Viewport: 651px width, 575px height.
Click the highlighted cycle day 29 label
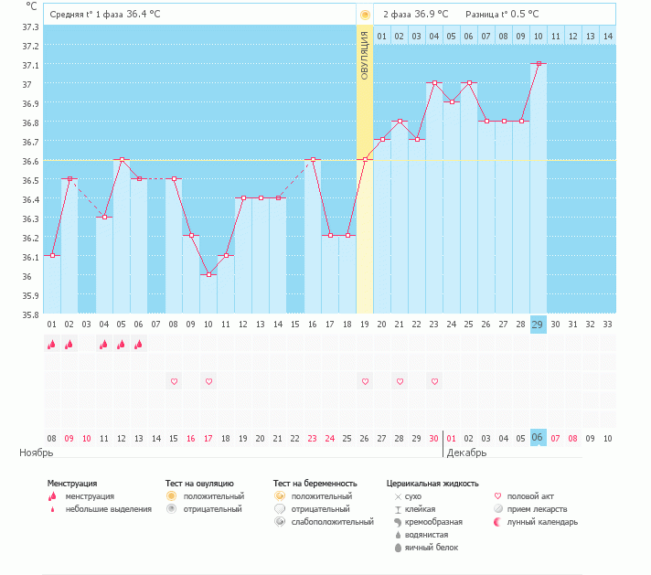tap(538, 325)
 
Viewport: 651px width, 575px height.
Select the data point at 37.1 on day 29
tap(539, 64)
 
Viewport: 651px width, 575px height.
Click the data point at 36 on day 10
tap(208, 274)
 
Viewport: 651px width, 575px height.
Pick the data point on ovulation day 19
tap(365, 160)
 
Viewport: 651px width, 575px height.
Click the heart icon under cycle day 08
tap(174, 380)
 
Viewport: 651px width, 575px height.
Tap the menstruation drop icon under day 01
tap(52, 345)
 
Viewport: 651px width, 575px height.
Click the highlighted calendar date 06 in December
tap(538, 438)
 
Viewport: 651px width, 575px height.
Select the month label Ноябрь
tap(37, 453)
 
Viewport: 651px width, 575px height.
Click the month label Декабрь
tap(466, 453)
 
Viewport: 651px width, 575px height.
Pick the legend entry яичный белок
tap(432, 547)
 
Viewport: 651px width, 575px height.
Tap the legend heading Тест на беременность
tap(315, 483)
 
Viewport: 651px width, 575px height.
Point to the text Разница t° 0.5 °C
tap(502, 15)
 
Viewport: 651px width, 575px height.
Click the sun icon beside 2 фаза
tap(365, 15)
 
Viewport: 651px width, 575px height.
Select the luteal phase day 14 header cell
tap(607, 36)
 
